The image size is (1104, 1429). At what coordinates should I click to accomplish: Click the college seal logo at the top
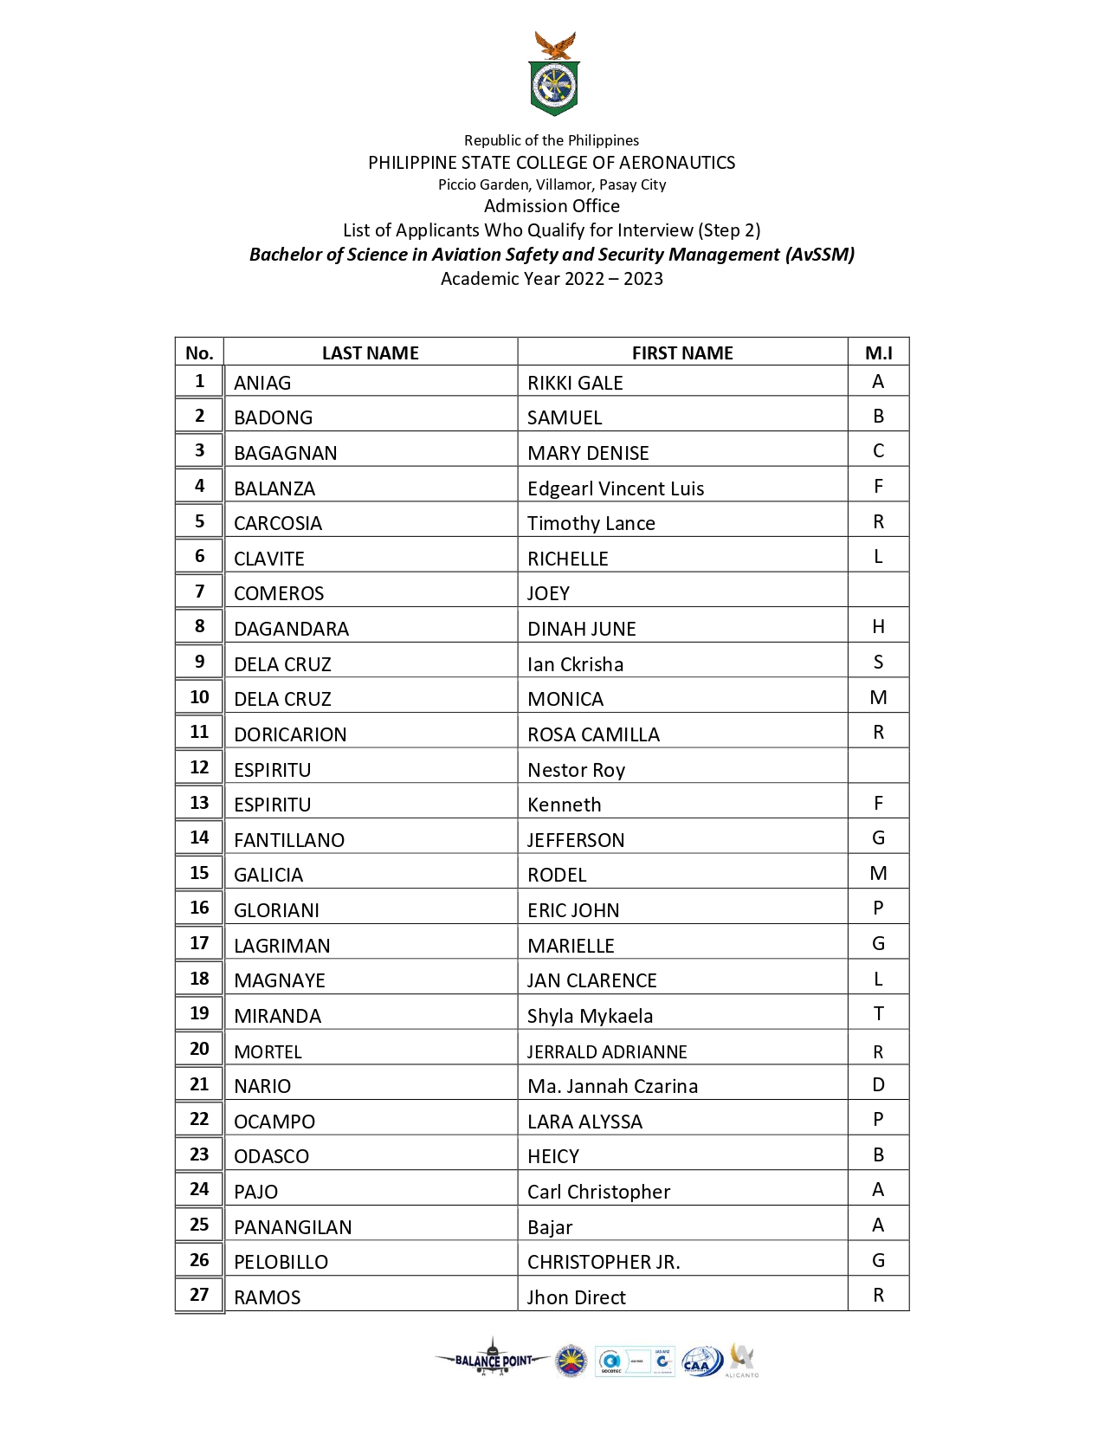tap(554, 75)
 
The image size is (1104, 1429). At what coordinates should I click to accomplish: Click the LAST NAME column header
tap(370, 352)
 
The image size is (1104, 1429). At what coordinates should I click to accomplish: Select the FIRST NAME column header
tap(682, 352)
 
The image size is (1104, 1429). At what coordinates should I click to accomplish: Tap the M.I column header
tap(878, 352)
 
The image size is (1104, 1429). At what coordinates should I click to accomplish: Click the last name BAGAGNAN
tap(286, 453)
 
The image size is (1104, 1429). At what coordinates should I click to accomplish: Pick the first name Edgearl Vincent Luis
tap(616, 488)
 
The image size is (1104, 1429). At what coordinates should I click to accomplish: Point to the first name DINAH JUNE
tap(582, 629)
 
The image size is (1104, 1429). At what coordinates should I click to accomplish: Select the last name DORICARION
tap(290, 734)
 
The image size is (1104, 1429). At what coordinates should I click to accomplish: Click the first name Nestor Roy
tap(576, 770)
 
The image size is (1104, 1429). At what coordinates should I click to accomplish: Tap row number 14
tap(199, 837)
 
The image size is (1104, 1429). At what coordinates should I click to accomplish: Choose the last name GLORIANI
tap(276, 910)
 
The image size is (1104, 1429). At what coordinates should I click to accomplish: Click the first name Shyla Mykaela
tap(590, 1016)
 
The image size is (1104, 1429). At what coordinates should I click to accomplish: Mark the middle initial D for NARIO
tap(878, 1085)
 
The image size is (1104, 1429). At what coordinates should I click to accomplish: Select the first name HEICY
tap(553, 1156)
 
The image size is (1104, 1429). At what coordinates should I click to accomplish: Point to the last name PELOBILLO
tap(281, 1262)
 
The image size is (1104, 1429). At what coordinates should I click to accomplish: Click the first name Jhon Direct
tap(576, 1297)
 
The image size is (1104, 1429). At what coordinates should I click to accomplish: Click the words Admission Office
tap(552, 206)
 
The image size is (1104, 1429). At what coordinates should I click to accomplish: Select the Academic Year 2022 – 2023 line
tap(552, 279)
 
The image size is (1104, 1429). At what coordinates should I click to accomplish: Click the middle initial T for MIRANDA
tap(878, 1014)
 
